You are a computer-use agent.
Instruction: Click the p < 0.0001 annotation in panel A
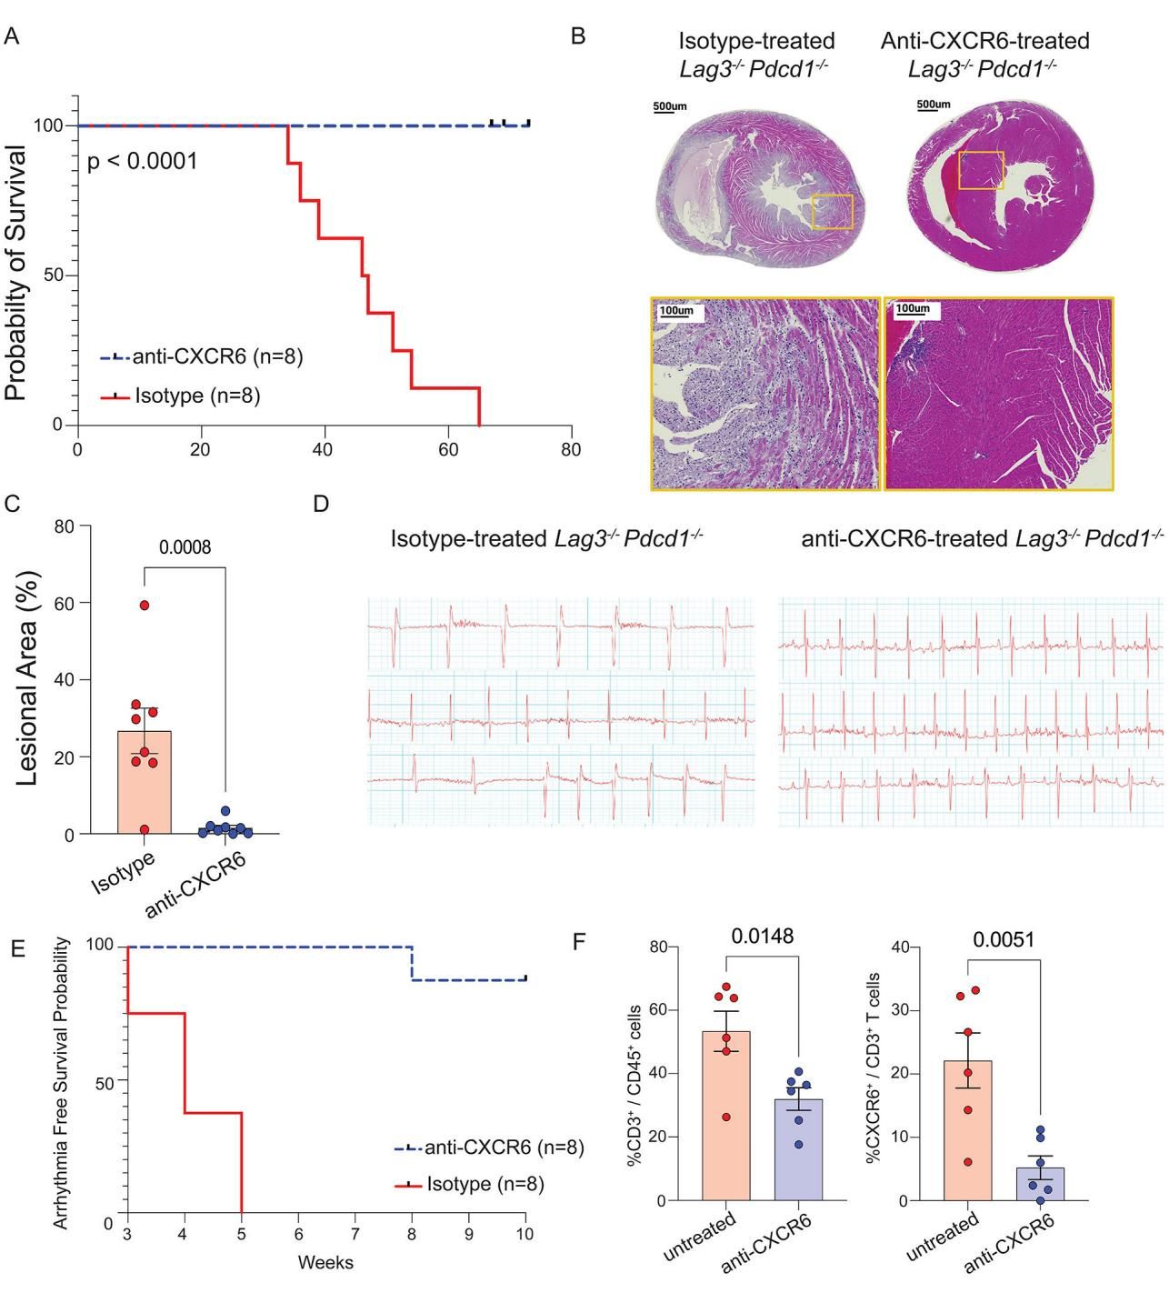click(142, 163)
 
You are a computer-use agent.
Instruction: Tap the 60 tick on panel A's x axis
click(447, 448)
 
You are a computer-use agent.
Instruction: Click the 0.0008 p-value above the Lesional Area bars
click(185, 547)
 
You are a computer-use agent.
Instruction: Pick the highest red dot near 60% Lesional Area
click(145, 605)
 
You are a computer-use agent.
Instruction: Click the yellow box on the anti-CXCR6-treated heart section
click(981, 170)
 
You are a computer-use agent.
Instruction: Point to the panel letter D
click(320, 505)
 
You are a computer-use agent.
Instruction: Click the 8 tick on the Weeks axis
click(412, 1234)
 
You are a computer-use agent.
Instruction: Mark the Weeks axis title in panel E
click(325, 1262)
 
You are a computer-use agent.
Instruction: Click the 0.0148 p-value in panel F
click(761, 937)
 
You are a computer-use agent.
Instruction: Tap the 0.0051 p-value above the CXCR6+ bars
click(1003, 939)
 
